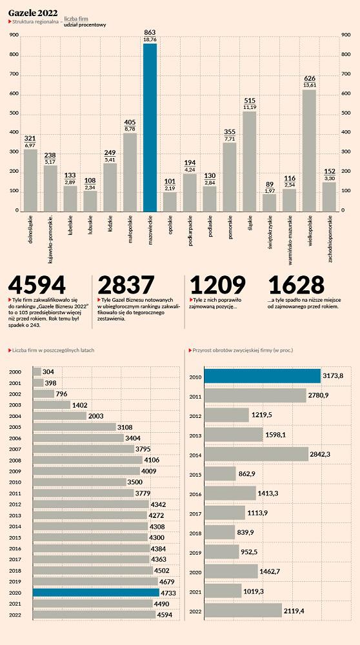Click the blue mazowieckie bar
[150, 128]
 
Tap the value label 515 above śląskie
[250, 101]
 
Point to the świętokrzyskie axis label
[270, 233]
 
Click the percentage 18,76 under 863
[150, 39]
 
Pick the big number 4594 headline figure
[37, 285]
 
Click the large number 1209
[217, 285]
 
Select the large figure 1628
[296, 285]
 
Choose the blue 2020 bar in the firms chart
[96, 592]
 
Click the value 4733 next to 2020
[168, 593]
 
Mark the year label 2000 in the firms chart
[15, 372]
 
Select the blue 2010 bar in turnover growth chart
[263, 376]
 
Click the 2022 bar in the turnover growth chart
[243, 610]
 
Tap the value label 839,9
[246, 532]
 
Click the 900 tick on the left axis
[14, 35]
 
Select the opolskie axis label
[170, 224]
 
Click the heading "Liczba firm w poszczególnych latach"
[53, 350]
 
